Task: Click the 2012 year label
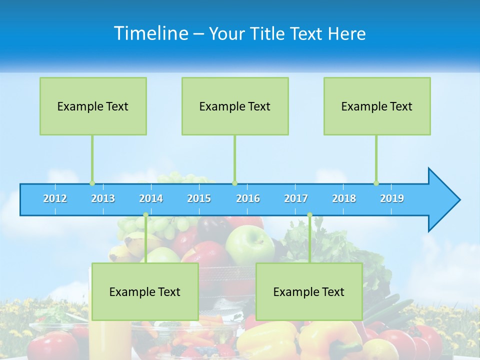(x=55, y=198)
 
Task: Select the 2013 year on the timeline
(x=103, y=198)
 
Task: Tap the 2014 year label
(x=151, y=198)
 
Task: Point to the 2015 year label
(x=199, y=198)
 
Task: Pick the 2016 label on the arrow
(x=248, y=198)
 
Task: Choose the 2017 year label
(x=296, y=198)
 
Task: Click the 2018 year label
(x=344, y=198)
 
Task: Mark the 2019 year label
(x=392, y=198)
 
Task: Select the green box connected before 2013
(x=93, y=106)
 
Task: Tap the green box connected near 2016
(x=235, y=106)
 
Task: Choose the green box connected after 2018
(x=377, y=106)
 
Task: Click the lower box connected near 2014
(x=145, y=291)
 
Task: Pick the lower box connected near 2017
(x=309, y=291)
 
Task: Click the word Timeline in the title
(x=150, y=33)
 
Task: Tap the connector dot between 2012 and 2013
(x=92, y=183)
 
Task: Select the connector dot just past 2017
(x=309, y=215)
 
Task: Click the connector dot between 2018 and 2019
(x=376, y=183)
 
